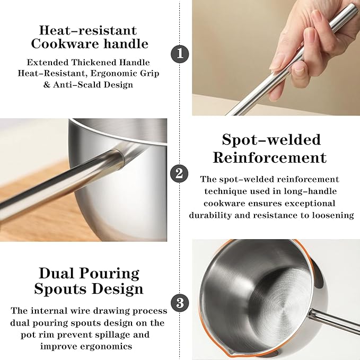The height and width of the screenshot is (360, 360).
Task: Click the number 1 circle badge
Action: (180, 54)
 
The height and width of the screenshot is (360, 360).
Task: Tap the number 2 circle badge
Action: (179, 173)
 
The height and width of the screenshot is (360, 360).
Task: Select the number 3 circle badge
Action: (180, 303)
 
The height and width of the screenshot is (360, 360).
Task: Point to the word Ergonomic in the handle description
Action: (111, 74)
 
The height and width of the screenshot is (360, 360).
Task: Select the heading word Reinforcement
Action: (270, 157)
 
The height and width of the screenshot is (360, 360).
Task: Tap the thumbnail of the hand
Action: (276, 58)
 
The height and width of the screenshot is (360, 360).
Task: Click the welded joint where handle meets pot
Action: (119, 159)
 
